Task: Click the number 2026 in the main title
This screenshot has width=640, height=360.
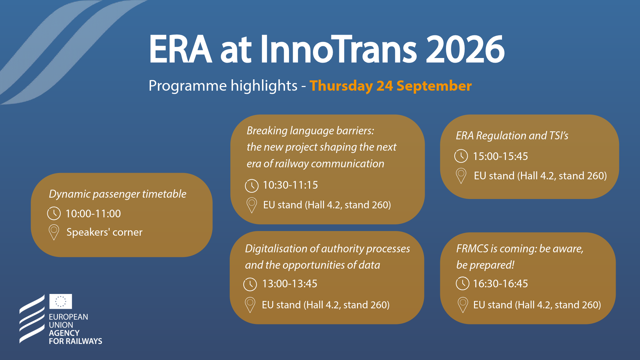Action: pos(465,49)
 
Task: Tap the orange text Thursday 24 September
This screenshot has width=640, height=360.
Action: pos(391,86)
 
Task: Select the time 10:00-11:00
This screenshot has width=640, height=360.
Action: pos(93,214)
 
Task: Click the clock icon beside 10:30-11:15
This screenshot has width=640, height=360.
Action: pos(252,186)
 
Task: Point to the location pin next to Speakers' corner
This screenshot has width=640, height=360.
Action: pos(54,232)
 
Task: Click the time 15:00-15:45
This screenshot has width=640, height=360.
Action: pos(500,156)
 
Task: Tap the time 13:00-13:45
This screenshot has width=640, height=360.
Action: pos(290,284)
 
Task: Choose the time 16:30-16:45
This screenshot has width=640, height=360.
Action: pos(500,284)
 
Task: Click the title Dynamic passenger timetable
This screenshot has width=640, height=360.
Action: pos(118,194)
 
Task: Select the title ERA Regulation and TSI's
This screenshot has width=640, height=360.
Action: pos(512,136)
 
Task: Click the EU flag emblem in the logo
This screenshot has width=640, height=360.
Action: pos(61,301)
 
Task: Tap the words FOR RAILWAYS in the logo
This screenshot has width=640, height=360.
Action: pos(76,341)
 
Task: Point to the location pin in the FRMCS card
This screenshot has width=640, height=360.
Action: pos(463,305)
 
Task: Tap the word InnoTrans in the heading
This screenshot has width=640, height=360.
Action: pos(338,49)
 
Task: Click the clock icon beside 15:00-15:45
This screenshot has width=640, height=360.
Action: pos(461,156)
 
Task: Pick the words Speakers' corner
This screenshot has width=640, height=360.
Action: pos(104,232)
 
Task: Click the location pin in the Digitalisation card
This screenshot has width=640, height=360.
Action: pos(250,305)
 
